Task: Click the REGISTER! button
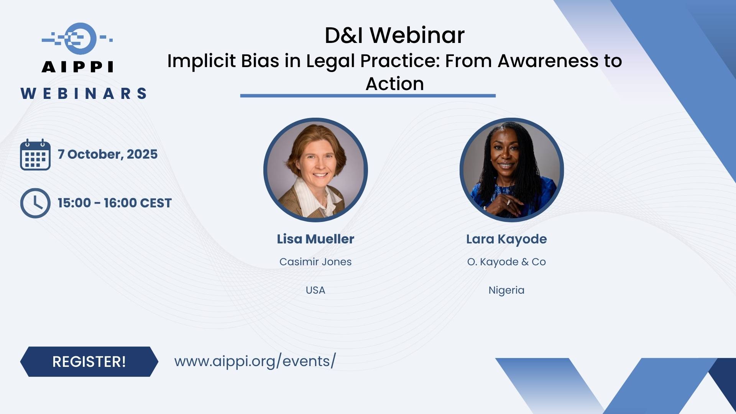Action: tap(89, 361)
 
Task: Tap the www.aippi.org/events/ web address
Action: tap(255, 361)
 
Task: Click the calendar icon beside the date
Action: tap(35, 155)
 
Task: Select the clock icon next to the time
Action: tap(35, 203)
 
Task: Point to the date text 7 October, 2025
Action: tap(108, 154)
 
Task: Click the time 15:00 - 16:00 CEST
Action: tap(115, 203)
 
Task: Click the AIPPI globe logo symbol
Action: tap(77, 38)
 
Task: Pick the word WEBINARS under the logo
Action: tap(84, 94)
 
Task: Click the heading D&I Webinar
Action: tap(394, 35)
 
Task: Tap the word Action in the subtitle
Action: tap(394, 84)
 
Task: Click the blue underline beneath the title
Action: tap(368, 95)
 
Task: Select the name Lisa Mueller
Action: tap(315, 239)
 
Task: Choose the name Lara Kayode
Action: tap(506, 239)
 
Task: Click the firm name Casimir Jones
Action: tap(315, 262)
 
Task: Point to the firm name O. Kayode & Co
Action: tap(506, 262)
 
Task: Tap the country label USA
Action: tap(315, 290)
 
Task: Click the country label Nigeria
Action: tap(506, 290)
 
